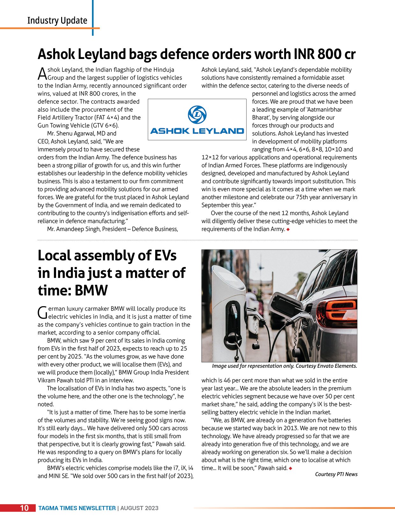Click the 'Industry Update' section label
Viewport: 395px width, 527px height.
57,20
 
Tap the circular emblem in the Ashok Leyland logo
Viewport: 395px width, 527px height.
197,115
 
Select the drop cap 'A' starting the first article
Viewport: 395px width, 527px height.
42,74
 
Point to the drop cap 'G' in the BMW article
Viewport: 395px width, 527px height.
42,313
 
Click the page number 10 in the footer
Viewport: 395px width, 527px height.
24,508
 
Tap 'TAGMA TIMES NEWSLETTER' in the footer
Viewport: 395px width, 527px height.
77,508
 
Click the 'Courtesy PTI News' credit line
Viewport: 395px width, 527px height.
336,474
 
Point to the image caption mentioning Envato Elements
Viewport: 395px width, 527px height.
284,366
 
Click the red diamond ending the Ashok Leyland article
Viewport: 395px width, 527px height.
288,229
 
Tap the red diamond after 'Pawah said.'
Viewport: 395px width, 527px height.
291,468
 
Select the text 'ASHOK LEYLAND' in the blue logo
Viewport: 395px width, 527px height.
197,131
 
